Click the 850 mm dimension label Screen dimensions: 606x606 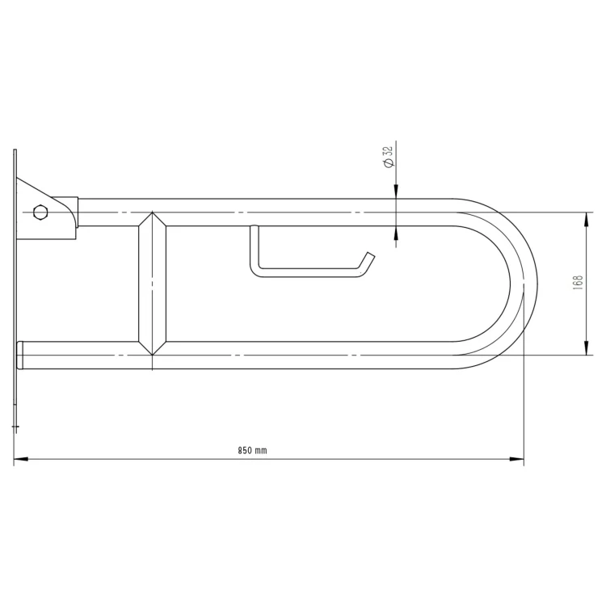[x=252, y=450]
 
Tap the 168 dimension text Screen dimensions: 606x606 [x=579, y=283]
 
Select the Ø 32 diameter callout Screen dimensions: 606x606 [x=389, y=157]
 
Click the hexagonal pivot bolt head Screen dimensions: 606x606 [x=40, y=213]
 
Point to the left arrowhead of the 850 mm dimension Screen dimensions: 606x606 [x=21, y=459]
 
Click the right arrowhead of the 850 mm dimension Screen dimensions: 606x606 [x=517, y=459]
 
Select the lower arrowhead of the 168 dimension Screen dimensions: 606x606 [x=587, y=347]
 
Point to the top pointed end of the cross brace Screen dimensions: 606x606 [x=152, y=213]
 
